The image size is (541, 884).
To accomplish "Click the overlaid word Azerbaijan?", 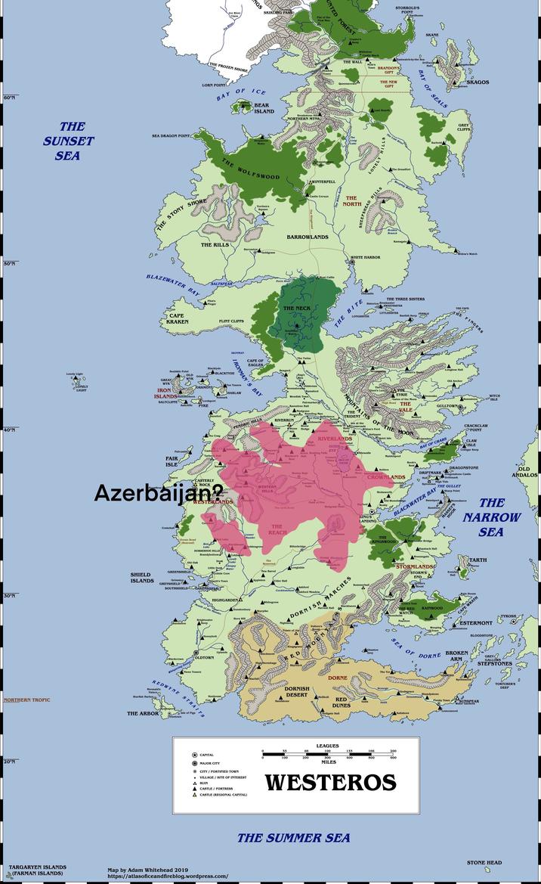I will click(158, 494).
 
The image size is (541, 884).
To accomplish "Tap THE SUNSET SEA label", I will click(69, 141).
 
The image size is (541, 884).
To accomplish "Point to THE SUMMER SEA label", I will click(294, 837).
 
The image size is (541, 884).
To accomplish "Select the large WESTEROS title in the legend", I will click(330, 782).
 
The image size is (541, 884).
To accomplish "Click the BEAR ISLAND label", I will click(263, 108).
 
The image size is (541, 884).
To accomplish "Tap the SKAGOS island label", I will click(478, 82).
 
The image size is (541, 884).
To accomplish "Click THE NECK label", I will click(297, 309).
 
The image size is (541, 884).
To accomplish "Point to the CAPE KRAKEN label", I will click(178, 318).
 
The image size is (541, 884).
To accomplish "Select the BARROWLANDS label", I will click(308, 237).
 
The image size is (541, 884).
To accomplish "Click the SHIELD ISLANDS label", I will click(141, 578).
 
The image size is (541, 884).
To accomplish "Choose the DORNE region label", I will click(337, 678).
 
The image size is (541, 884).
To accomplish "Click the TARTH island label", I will click(478, 561).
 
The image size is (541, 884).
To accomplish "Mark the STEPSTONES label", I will click(495, 664).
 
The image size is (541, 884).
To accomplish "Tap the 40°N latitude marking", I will click(9, 430).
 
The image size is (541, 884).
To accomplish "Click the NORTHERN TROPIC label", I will click(26, 700).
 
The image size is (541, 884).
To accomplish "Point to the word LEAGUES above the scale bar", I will click(327, 746).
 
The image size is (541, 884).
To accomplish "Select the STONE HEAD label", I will click(484, 862).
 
